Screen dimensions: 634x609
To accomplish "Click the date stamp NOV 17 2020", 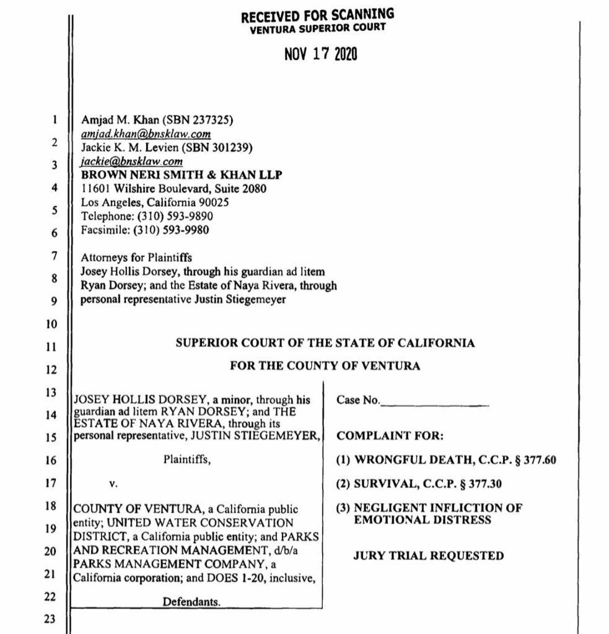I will click(x=320, y=54).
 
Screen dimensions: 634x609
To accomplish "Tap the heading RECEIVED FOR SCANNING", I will click(x=317, y=14).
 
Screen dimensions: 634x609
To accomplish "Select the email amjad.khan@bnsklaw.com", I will click(x=147, y=134).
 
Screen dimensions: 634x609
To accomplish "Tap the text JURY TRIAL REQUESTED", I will click(x=428, y=555).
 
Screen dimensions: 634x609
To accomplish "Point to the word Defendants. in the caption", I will click(x=191, y=601).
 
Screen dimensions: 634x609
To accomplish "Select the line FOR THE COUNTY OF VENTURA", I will click(x=325, y=366).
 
